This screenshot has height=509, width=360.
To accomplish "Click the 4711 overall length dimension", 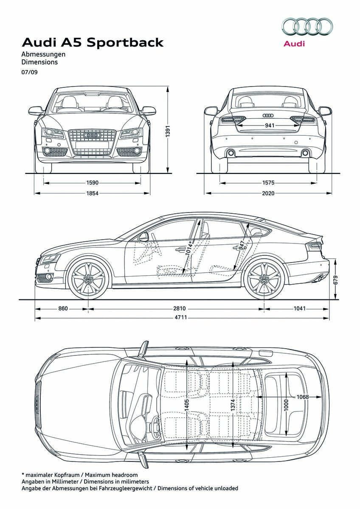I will pyautogui.click(x=180, y=317).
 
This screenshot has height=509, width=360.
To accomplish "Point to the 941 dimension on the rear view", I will pyautogui.click(x=269, y=126).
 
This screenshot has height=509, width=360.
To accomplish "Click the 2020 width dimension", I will pyautogui.click(x=268, y=193).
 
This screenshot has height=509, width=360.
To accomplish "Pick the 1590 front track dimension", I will pyautogui.click(x=92, y=183).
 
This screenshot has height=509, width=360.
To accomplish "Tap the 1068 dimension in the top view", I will pyautogui.click(x=303, y=397).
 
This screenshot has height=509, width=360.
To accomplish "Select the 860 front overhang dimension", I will pyautogui.click(x=63, y=308).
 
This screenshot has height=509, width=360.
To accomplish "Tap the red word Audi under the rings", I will pyautogui.click(x=294, y=43).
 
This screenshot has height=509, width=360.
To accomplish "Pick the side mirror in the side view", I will pyautogui.click(x=143, y=237).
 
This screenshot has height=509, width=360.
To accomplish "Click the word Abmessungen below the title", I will pyautogui.click(x=43, y=54).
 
